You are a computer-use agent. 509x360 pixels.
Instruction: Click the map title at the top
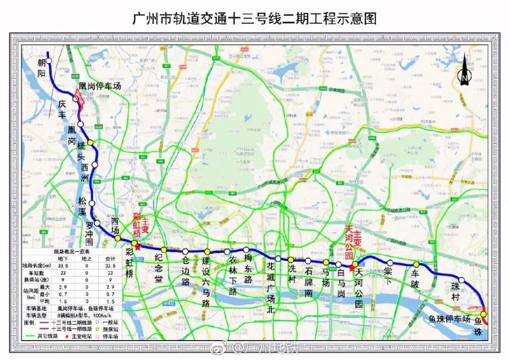[x=254, y=18]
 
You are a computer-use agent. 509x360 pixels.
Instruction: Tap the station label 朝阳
[x=41, y=70]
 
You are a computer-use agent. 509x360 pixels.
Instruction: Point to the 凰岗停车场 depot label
[x=100, y=86]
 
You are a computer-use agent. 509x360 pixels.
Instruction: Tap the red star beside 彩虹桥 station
[x=138, y=247]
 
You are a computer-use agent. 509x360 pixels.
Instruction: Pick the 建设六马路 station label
[x=206, y=281]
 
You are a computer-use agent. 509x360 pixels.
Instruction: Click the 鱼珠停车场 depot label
[x=449, y=319]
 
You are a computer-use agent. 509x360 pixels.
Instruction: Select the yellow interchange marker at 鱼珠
[x=484, y=315]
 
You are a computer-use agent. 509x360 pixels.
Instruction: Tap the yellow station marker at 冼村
[x=290, y=260]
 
